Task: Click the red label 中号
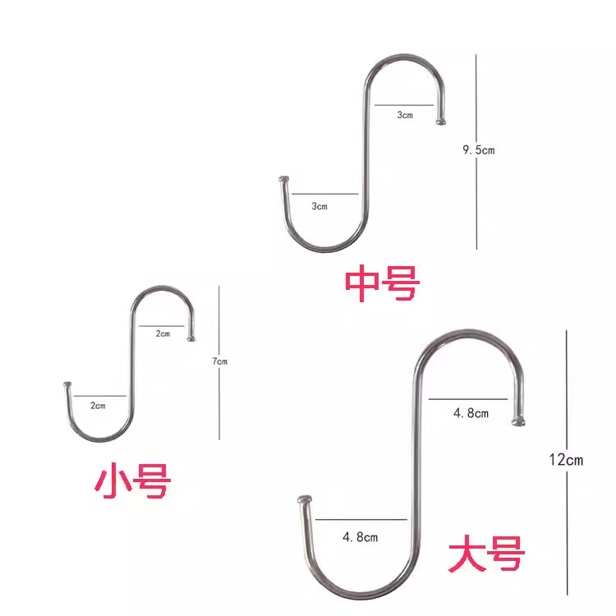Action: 382,283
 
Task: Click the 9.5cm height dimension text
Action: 479,149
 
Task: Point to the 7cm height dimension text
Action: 219,361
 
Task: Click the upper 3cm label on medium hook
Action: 405,116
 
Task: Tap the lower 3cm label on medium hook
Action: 319,206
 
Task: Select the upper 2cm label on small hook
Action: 163,333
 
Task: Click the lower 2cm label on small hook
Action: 98,406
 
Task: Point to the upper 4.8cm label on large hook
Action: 471,413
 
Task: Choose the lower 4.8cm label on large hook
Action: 360,537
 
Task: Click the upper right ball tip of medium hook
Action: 442,121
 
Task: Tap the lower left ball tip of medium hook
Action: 284,178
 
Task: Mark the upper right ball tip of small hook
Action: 193,337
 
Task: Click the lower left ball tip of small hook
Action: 66,384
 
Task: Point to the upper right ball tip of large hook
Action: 517,421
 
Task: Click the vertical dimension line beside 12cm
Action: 567,394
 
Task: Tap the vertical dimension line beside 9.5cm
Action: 476,205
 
